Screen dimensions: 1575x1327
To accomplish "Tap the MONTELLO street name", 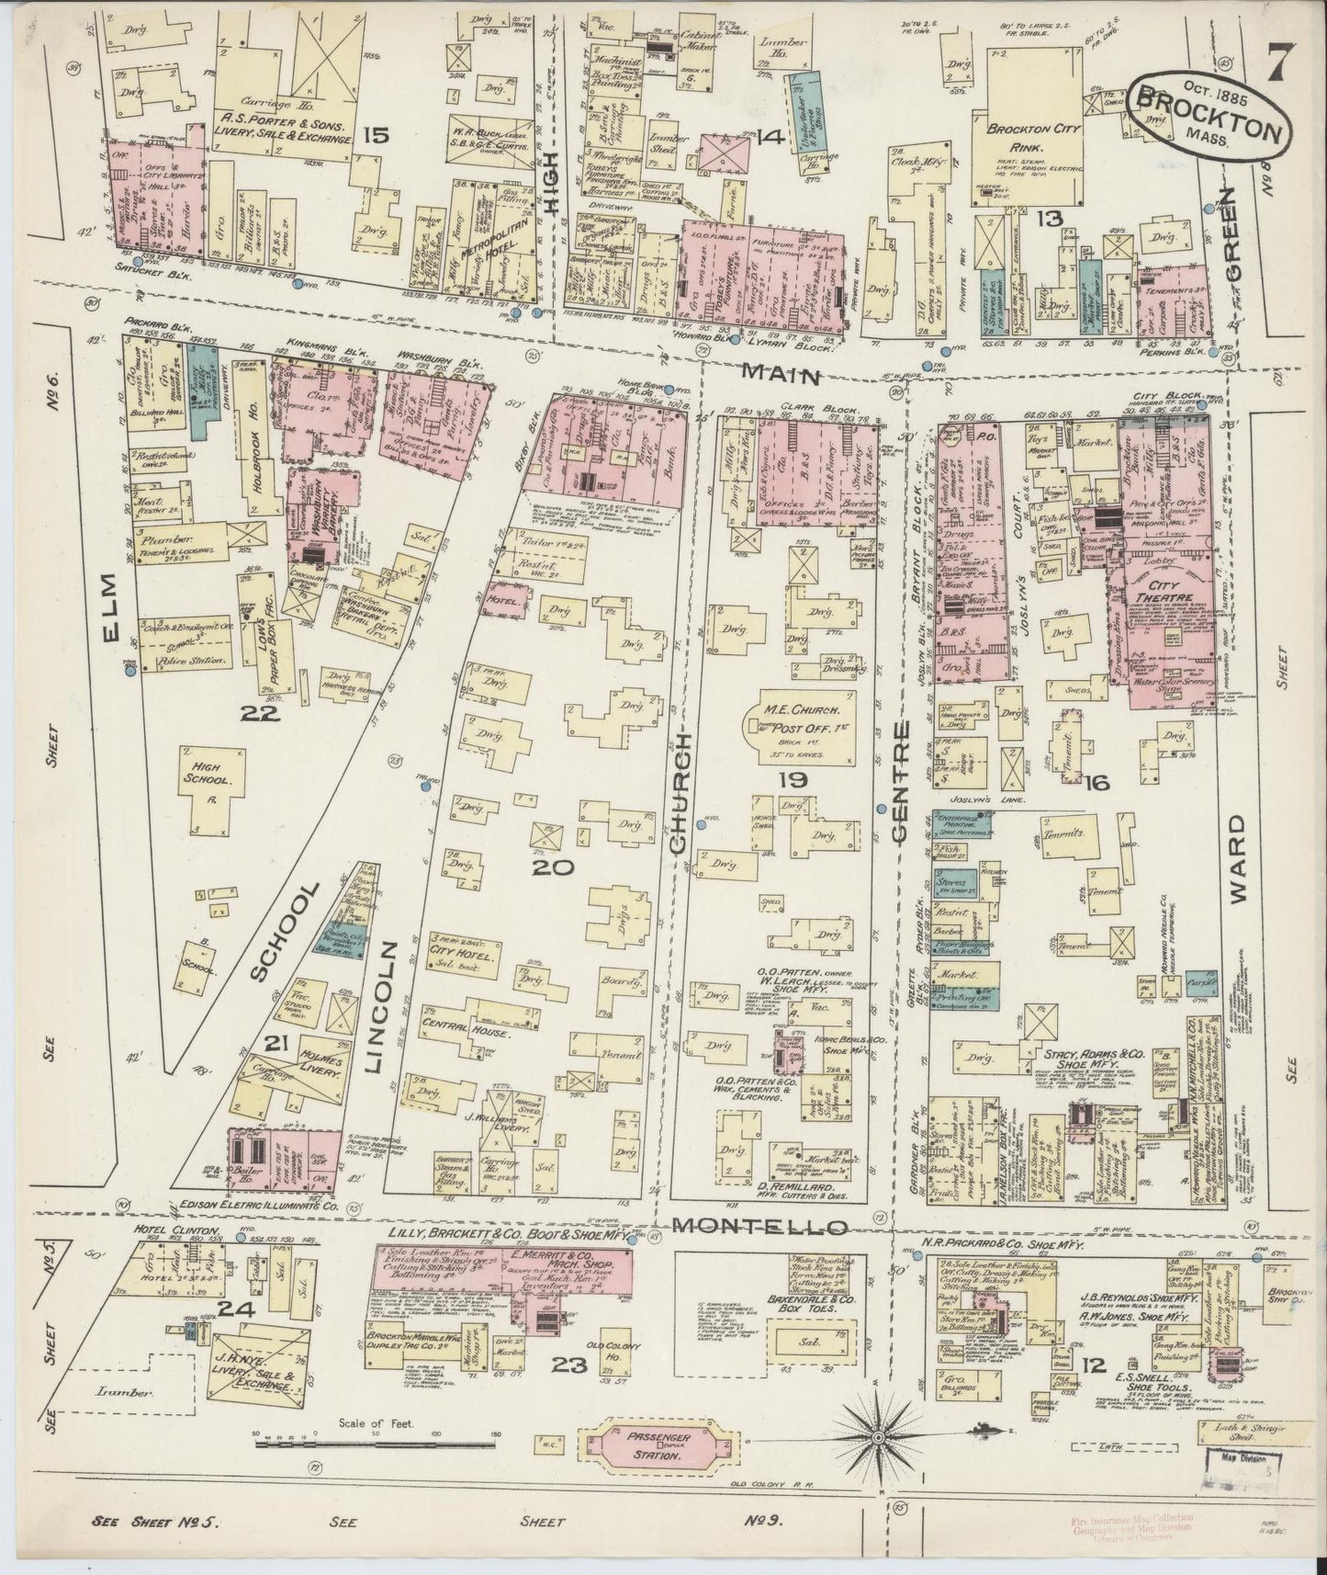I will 760,1227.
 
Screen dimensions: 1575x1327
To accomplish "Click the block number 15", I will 375,136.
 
